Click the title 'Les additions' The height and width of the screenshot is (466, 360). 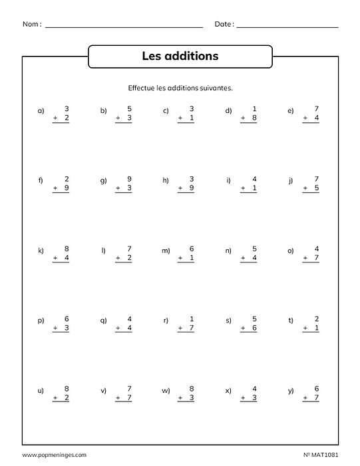(180, 57)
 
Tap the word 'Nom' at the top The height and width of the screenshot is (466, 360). (31, 24)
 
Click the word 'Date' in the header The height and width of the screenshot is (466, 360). (224, 24)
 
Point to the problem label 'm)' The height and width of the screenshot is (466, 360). (166, 251)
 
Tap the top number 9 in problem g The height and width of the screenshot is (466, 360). (129, 179)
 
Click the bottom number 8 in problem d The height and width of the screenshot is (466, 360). (254, 118)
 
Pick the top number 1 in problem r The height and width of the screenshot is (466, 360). (191, 319)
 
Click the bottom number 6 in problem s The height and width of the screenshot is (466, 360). (254, 329)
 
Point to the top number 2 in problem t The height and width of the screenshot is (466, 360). (316, 319)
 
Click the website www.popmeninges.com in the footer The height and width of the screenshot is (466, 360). (54, 455)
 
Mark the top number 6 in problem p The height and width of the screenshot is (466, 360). (67, 319)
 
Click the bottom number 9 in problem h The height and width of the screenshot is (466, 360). (191, 188)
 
